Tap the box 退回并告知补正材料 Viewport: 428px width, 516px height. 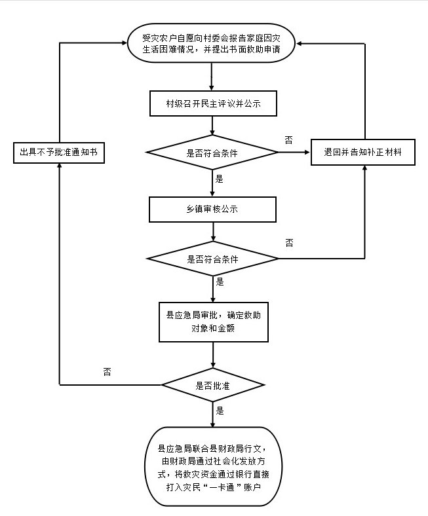(x=362, y=152)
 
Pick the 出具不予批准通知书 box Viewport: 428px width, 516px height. (x=59, y=152)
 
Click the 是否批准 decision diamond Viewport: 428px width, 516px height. (x=213, y=385)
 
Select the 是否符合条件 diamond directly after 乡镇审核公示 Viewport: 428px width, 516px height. (x=213, y=259)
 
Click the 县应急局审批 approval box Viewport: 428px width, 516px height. (x=214, y=322)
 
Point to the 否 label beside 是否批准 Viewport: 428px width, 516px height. (x=107, y=371)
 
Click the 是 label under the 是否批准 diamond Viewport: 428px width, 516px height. (x=220, y=411)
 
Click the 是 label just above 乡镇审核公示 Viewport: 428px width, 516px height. (x=220, y=178)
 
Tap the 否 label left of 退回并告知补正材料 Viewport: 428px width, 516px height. (x=289, y=139)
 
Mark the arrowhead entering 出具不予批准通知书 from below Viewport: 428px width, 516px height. (x=59, y=166)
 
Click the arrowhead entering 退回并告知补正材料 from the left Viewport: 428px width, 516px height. (x=306, y=153)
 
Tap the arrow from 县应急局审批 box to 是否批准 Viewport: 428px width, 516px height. (x=214, y=356)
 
